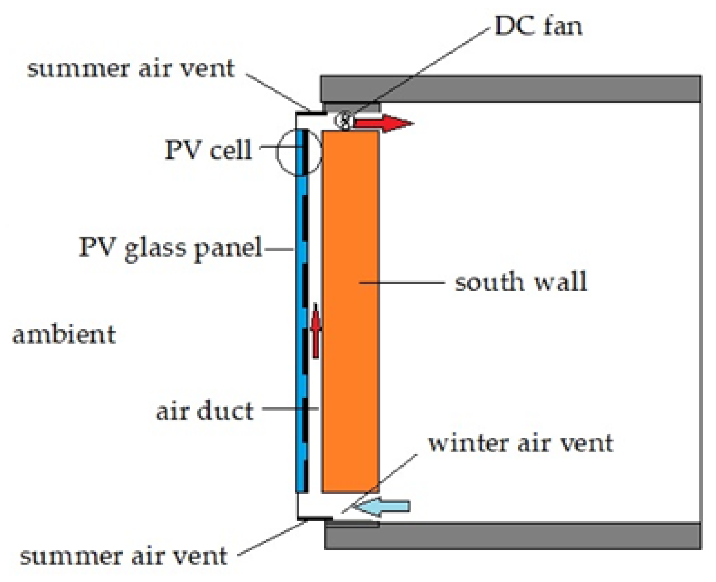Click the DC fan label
[538, 26]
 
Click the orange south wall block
[351, 312]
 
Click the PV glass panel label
[170, 248]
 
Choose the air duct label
[205, 411]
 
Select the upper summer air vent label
[131, 69]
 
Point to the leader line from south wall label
[402, 283]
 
